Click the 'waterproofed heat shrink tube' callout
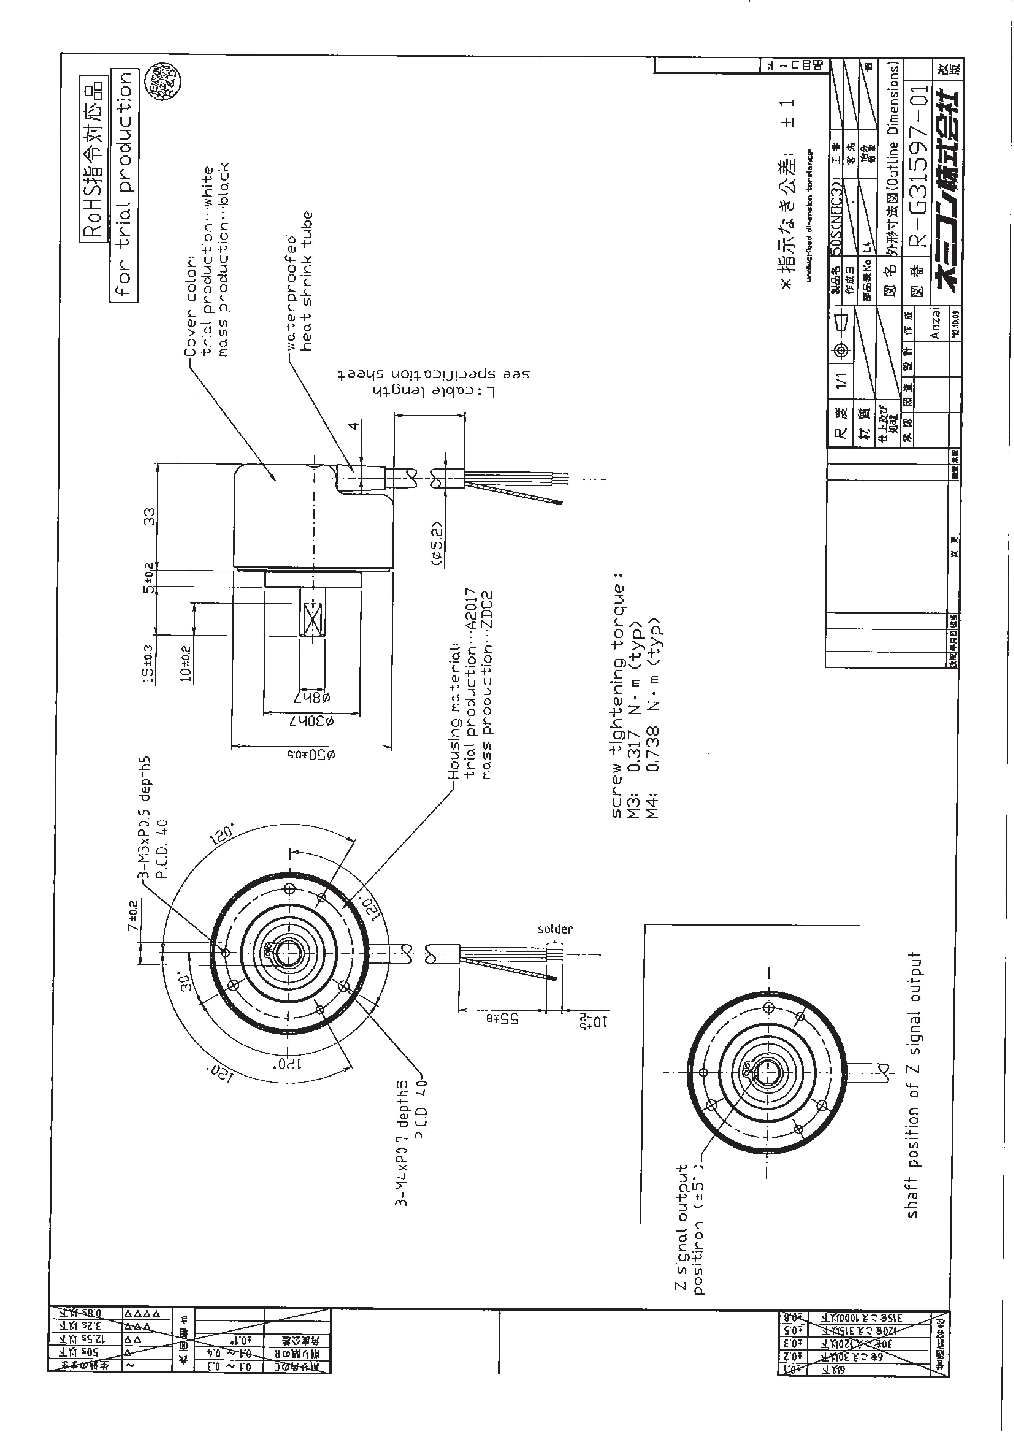[299, 281]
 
